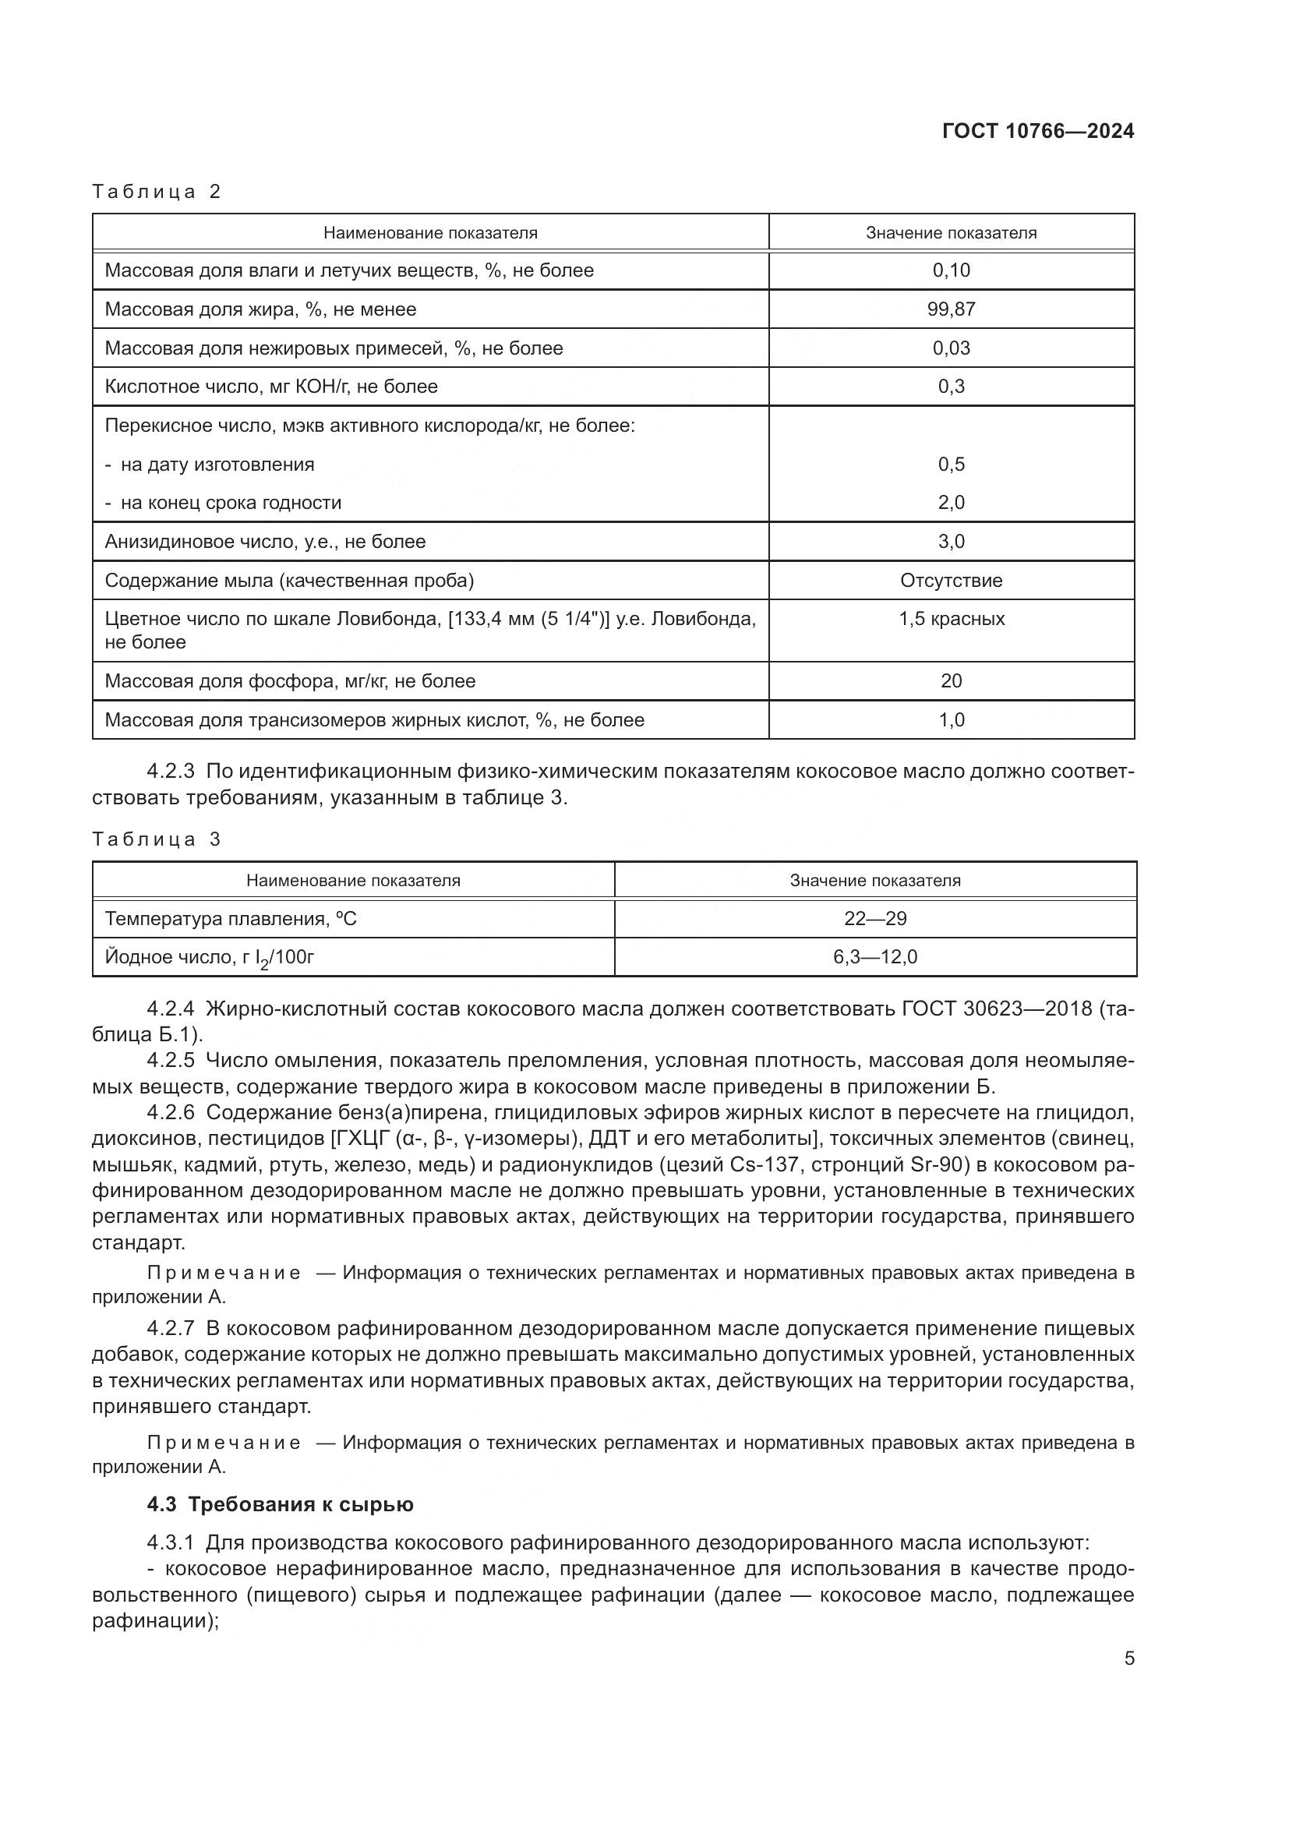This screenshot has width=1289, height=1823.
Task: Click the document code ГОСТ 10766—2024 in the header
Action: [x=1037, y=132]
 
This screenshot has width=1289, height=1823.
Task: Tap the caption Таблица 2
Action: [x=157, y=192]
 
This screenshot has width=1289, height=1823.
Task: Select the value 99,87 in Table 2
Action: [x=951, y=309]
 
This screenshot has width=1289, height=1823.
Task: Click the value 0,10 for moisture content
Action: [x=951, y=270]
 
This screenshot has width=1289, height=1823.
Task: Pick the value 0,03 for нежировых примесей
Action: [x=951, y=348]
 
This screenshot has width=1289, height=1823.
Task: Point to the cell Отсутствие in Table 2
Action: [x=951, y=581]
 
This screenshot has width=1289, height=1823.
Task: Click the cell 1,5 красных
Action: [x=951, y=620]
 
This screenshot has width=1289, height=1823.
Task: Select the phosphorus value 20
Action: [x=951, y=681]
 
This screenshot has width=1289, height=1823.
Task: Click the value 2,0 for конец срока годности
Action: [x=951, y=503]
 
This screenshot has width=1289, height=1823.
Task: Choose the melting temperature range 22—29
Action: [x=874, y=919]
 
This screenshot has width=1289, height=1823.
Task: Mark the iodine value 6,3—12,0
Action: [x=874, y=958]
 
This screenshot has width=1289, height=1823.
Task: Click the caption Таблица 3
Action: [x=157, y=839]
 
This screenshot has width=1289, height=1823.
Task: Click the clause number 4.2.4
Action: [x=171, y=1009]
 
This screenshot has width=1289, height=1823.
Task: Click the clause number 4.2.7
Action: [x=171, y=1328]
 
